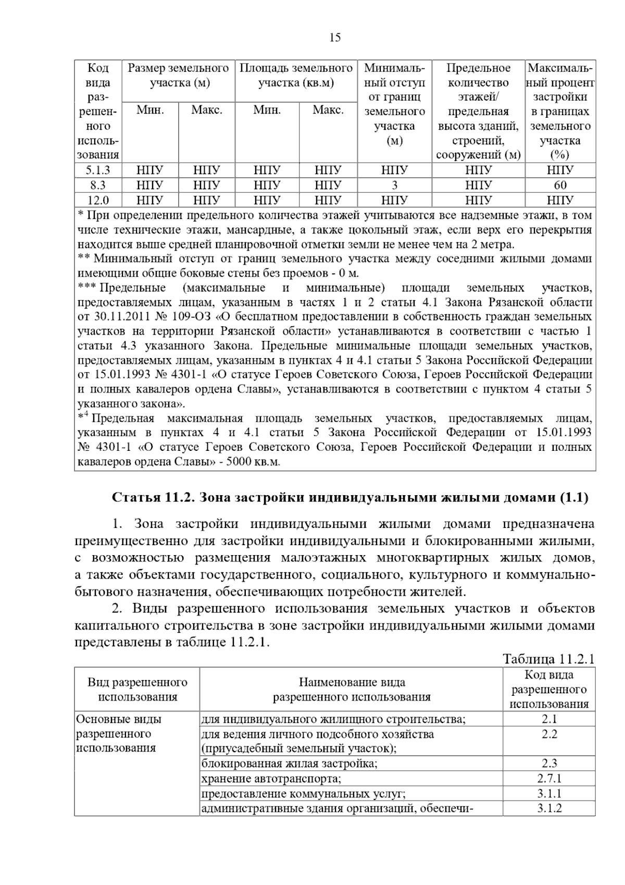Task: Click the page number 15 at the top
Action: click(335, 38)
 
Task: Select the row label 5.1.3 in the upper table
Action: click(98, 170)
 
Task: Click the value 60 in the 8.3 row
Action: click(560, 185)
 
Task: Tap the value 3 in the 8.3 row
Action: click(394, 185)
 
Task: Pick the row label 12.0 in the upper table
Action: click(98, 200)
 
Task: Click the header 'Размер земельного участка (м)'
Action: click(179, 76)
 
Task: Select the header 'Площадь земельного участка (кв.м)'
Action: click(296, 76)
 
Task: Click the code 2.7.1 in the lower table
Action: click(549, 779)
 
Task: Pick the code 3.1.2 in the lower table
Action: click(549, 808)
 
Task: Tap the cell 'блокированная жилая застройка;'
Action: click(290, 764)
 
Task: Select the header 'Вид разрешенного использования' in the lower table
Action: click(137, 690)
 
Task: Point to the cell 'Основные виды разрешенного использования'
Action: click(119, 733)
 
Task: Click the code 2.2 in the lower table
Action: click(549, 734)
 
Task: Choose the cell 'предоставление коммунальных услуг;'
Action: click(303, 794)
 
